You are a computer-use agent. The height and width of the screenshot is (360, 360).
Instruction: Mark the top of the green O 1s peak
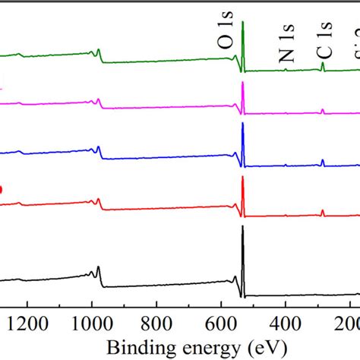point(243,22)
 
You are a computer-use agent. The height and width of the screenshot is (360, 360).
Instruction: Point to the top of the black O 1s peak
point(243,226)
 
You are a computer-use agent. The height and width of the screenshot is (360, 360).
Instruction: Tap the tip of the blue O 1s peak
point(243,124)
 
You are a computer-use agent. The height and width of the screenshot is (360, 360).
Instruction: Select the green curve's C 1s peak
point(323,63)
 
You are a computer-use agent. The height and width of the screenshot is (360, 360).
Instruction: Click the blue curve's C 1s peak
point(323,160)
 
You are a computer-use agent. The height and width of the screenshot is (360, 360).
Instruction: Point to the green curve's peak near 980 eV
point(98,49)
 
